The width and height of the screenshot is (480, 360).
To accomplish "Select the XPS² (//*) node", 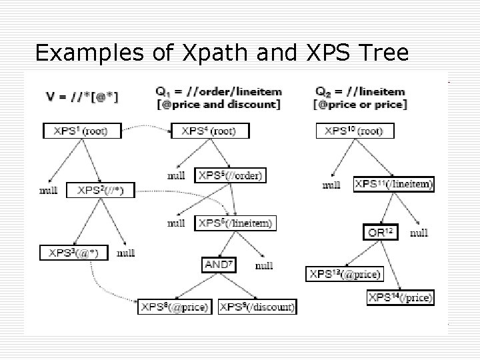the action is [105, 191].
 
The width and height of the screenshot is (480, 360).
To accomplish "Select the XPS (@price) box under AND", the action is [175, 307].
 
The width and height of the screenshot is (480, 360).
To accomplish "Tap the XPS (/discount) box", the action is [257, 307].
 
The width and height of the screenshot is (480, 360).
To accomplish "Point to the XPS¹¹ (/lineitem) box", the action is [394, 184].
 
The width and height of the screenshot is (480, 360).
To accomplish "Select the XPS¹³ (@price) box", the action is [344, 274].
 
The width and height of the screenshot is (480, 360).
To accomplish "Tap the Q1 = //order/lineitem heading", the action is [219, 91].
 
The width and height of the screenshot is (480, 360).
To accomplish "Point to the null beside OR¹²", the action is [419, 233].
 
